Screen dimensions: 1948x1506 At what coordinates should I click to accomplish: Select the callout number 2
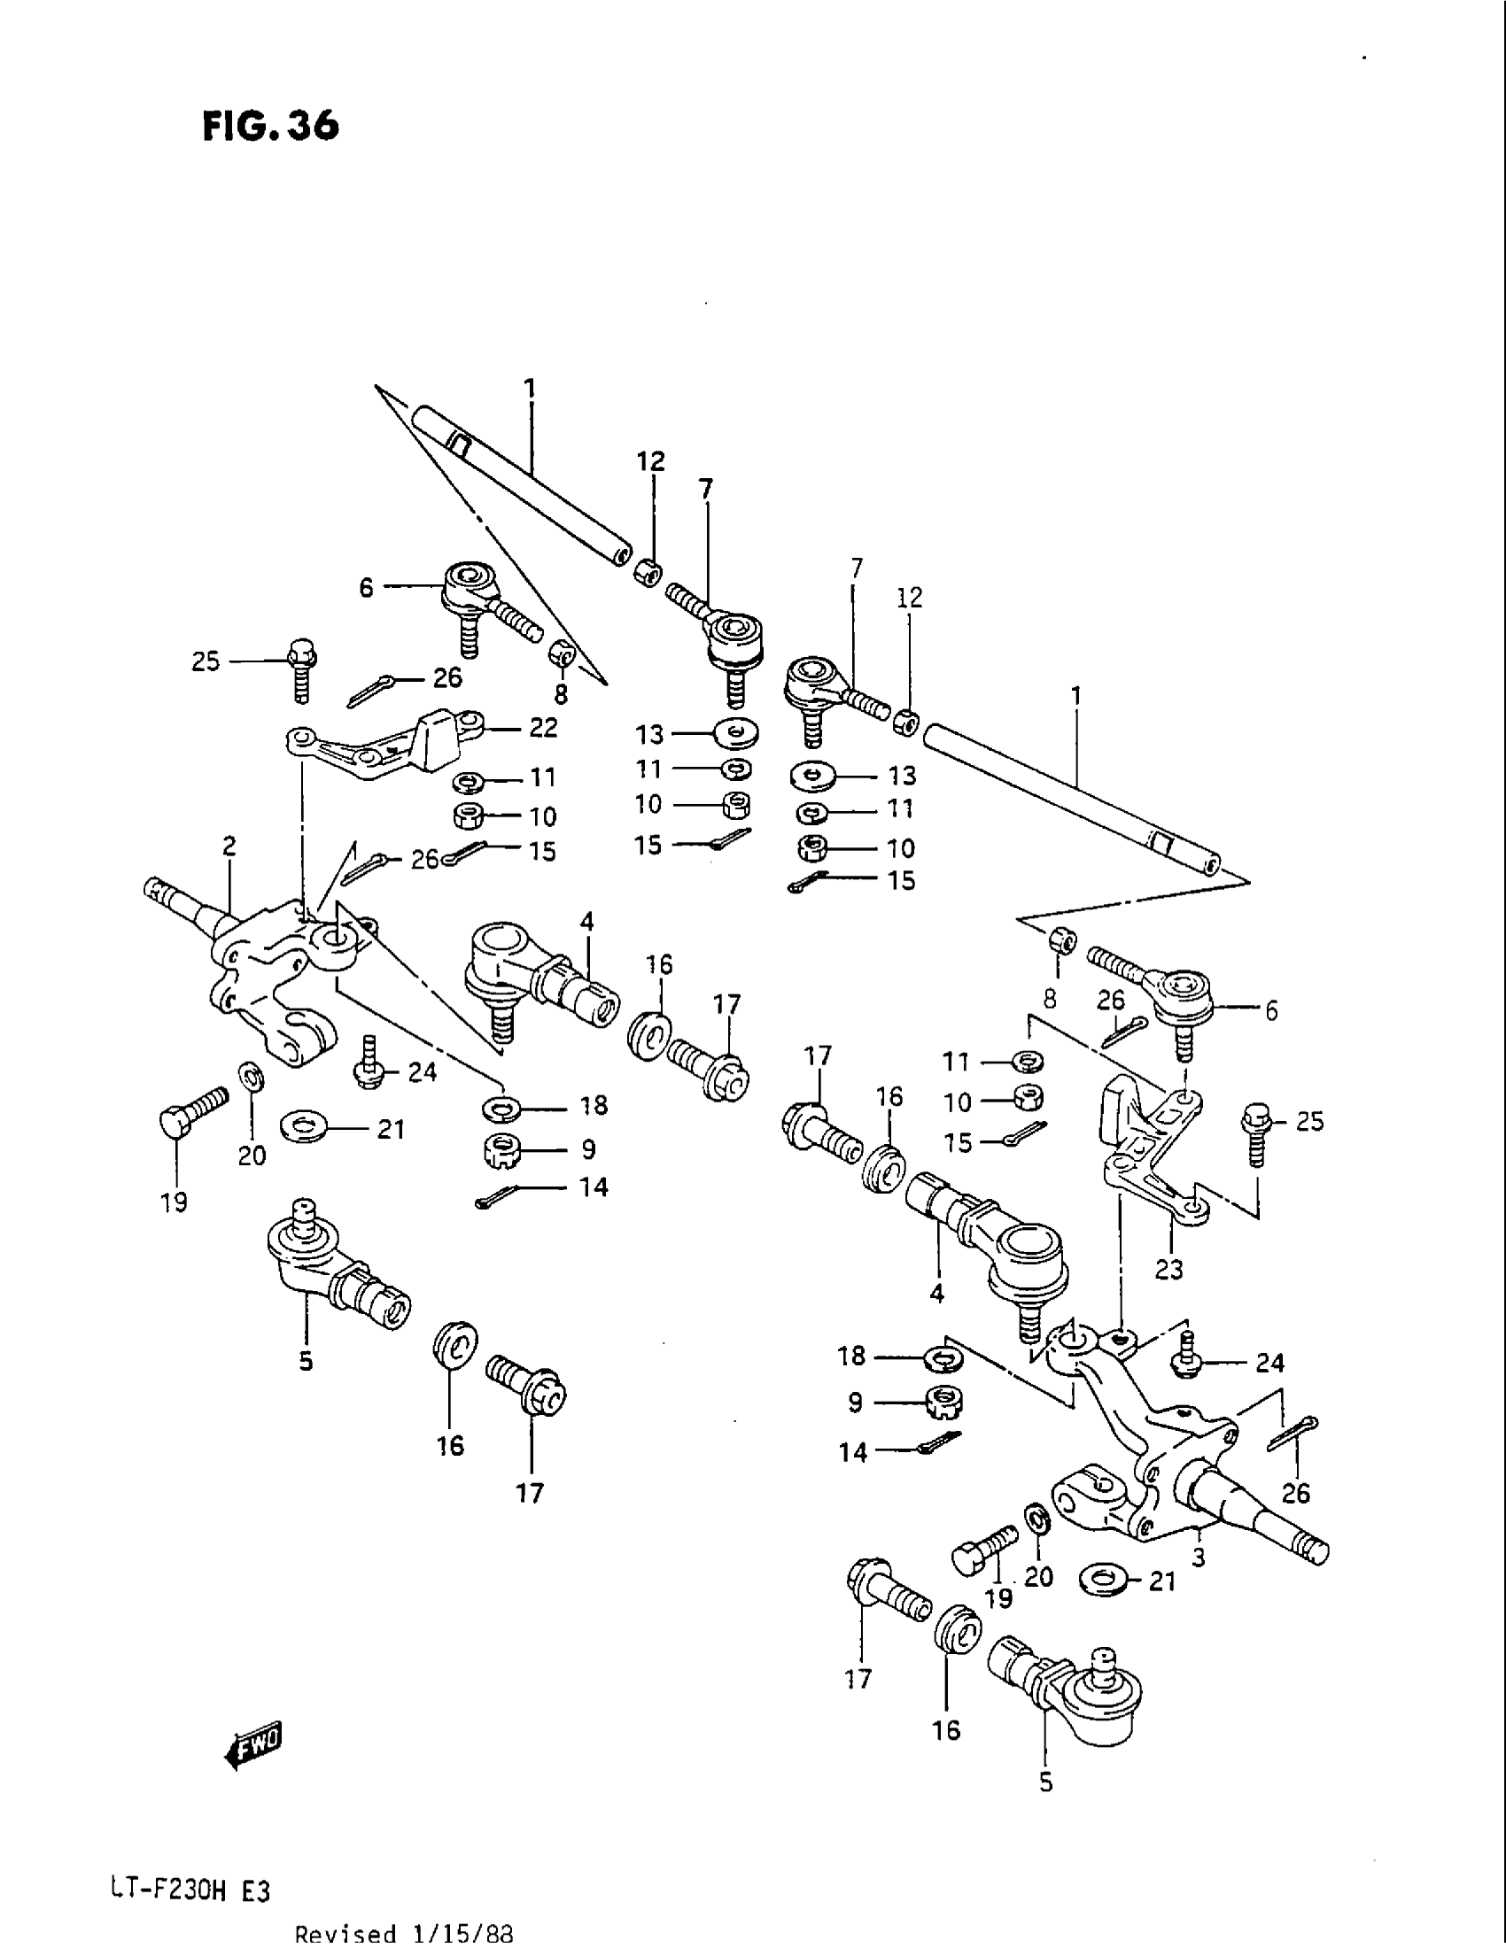coord(229,846)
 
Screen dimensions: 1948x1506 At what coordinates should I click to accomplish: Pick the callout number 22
coord(542,728)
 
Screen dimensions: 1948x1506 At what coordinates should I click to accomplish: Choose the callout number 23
coord(1168,1267)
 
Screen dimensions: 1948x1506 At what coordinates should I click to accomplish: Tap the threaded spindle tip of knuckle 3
coord(1313,1553)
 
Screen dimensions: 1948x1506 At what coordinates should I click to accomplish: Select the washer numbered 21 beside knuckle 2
coord(303,1125)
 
